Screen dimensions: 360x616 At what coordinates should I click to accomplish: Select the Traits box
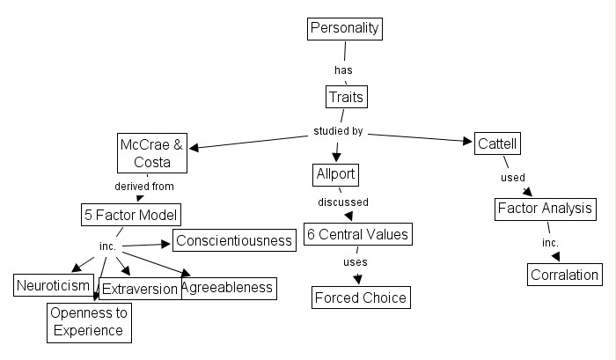click(346, 95)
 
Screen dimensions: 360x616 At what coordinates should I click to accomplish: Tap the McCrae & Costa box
click(152, 153)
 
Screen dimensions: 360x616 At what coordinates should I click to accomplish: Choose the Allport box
click(335, 174)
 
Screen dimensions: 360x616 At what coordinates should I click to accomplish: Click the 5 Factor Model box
click(131, 215)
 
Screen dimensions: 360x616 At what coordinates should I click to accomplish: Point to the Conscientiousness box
click(233, 240)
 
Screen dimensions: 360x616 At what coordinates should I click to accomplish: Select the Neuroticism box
click(53, 285)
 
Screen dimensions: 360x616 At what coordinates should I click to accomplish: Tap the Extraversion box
click(140, 289)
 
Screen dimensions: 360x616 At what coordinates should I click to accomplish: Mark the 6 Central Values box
click(357, 235)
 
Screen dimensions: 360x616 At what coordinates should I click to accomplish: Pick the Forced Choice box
click(361, 298)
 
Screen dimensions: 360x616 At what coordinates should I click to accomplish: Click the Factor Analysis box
click(546, 209)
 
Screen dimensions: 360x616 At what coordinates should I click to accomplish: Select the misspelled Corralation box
click(565, 275)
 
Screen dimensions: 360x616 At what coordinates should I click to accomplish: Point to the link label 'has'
click(344, 69)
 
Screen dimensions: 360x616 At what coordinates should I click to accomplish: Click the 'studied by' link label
click(338, 132)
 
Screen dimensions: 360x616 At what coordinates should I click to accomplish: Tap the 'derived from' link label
click(144, 187)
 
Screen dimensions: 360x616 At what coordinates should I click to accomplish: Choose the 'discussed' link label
click(343, 202)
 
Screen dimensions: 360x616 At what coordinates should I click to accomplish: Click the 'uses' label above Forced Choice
click(356, 262)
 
